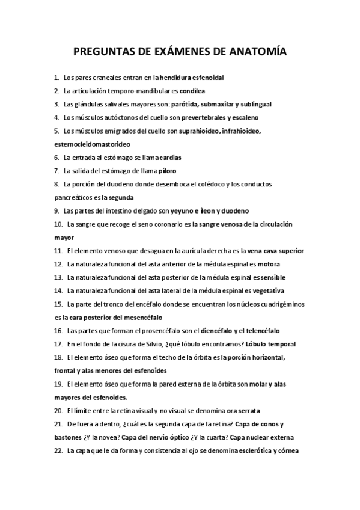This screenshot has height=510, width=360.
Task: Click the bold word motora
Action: tap(267, 264)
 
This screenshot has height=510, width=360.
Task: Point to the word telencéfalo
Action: tap(262, 330)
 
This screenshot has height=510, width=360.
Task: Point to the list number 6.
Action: tap(56, 158)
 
